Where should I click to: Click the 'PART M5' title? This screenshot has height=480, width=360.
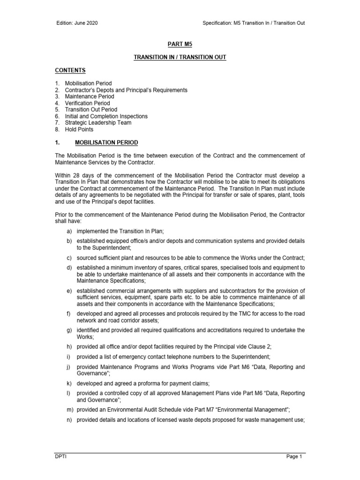(180, 44)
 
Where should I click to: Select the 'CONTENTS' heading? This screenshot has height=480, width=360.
(70, 70)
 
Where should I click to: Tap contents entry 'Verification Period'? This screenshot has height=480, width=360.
(88, 103)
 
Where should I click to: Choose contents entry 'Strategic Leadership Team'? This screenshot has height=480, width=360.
(98, 123)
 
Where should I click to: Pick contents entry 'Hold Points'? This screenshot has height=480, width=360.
(79, 129)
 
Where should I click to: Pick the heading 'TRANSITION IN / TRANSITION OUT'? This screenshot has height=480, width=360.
(180, 57)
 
